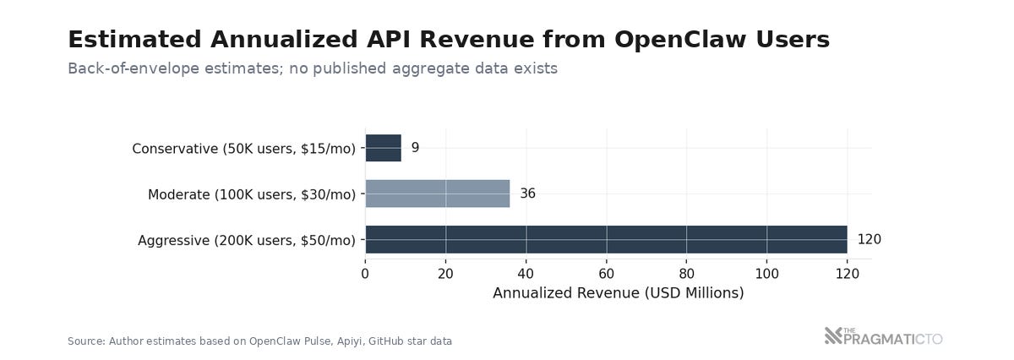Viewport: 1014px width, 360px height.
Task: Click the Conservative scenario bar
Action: (383, 148)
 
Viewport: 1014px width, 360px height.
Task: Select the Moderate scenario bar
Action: (437, 194)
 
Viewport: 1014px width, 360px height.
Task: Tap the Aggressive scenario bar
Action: (606, 240)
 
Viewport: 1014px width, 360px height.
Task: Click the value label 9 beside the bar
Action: (415, 148)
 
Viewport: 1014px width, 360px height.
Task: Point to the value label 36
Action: (527, 194)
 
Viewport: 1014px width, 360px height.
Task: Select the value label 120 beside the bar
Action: (869, 240)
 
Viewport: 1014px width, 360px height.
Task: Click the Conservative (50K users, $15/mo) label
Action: (243, 149)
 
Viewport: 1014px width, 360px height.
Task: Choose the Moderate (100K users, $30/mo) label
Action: (251, 194)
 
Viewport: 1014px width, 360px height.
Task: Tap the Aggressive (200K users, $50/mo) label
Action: (246, 241)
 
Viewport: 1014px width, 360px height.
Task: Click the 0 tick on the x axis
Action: (365, 273)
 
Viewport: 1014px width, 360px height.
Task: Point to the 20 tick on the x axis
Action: (445, 273)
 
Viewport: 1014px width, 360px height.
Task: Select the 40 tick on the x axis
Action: (526, 273)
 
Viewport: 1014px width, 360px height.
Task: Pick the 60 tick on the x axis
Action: (606, 273)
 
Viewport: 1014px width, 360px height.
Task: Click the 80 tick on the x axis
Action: (686, 273)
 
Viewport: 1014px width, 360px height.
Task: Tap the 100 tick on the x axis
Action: (767, 273)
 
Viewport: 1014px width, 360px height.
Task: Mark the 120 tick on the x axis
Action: (848, 273)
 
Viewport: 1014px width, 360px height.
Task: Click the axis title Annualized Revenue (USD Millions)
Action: (618, 293)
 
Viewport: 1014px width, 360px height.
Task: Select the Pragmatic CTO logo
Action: (883, 337)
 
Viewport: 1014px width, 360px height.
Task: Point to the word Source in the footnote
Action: (85, 341)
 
